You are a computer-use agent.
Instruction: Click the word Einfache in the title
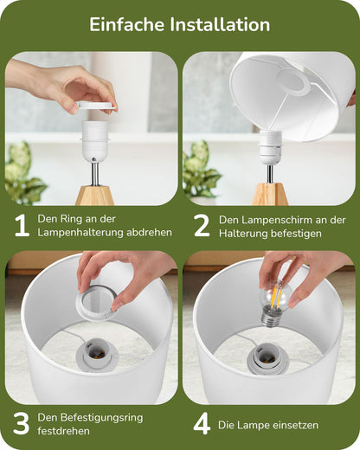(126, 24)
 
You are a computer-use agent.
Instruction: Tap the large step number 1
(22, 226)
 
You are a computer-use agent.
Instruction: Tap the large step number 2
(202, 226)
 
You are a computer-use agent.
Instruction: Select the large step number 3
(22, 423)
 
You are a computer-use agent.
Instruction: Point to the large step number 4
(202, 424)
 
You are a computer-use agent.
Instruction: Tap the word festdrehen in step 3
(63, 431)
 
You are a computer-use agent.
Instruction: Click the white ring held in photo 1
(95, 106)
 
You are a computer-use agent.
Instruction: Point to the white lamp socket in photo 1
(95, 140)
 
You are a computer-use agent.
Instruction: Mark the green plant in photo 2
(200, 169)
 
